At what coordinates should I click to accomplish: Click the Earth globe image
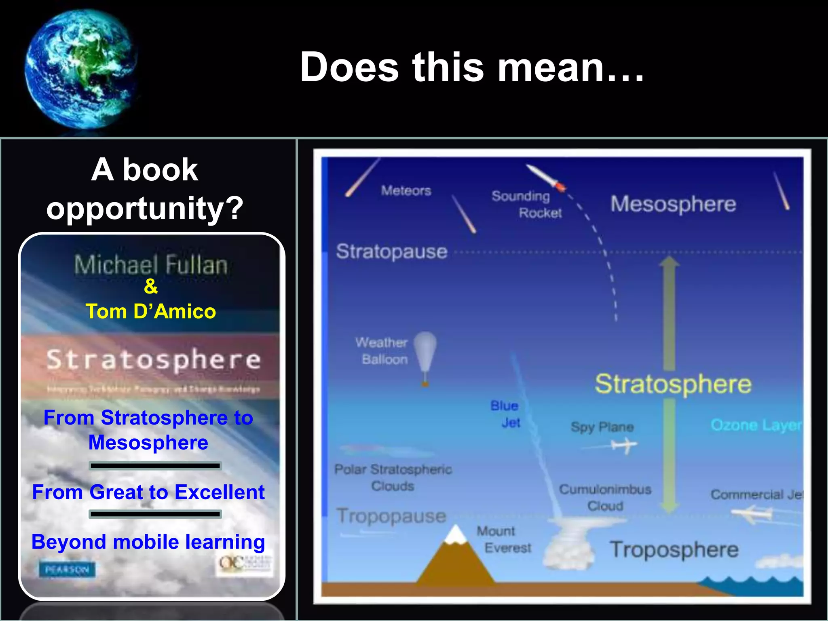click(81, 69)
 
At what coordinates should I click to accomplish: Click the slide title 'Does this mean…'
click(472, 67)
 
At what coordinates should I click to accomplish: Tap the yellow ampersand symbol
click(151, 286)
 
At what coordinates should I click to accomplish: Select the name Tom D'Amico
click(151, 312)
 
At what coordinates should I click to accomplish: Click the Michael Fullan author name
click(151, 265)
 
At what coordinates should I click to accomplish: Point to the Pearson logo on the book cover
click(67, 570)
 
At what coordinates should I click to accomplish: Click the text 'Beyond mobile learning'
click(148, 542)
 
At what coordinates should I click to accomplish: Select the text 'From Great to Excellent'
click(148, 492)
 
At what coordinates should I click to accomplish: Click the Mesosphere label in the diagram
click(673, 204)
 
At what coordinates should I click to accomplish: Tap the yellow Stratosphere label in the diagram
click(673, 384)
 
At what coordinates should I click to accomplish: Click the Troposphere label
click(674, 550)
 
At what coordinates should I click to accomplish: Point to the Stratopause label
click(392, 251)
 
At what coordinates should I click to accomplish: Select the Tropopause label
click(391, 516)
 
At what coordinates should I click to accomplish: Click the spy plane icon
click(625, 446)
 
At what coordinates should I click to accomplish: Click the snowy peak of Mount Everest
click(456, 534)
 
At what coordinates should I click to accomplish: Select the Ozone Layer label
click(756, 425)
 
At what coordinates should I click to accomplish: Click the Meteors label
click(406, 190)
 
